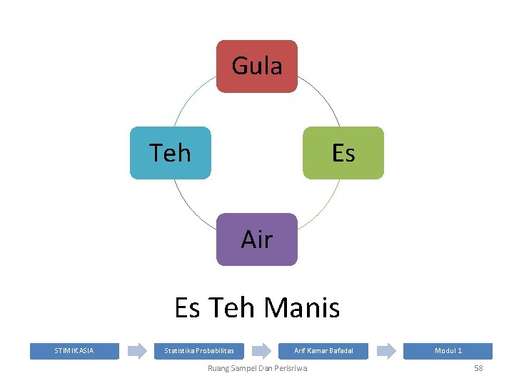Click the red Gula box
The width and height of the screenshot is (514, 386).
[257, 66]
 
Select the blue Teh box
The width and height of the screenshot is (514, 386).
[171, 153]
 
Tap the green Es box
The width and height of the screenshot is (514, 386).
[343, 153]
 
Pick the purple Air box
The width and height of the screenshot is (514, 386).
[257, 239]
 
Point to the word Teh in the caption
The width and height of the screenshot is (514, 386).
[233, 308]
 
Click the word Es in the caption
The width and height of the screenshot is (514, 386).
[187, 308]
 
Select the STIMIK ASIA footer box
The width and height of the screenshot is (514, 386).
[74, 351]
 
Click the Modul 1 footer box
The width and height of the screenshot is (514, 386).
[448, 351]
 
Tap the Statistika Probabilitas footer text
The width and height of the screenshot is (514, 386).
[194, 351]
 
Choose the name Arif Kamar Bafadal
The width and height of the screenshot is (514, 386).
[323, 351]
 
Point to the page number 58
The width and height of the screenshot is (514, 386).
[478, 368]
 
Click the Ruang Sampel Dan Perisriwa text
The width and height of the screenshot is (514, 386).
[257, 368]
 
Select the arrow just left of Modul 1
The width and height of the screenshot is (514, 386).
[386, 351]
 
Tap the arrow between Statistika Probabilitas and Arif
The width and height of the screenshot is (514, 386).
[262, 351]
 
